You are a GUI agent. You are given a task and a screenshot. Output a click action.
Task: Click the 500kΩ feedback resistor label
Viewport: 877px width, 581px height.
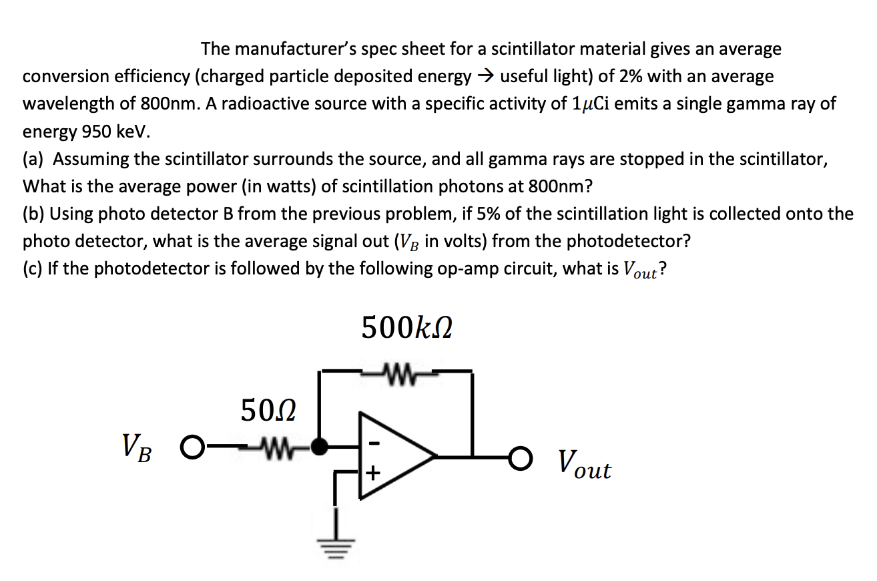pyautogui.click(x=406, y=329)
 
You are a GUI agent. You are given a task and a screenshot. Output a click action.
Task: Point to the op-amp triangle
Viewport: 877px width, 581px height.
pyautogui.click(x=394, y=456)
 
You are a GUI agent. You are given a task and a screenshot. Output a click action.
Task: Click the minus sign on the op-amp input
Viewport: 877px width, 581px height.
pyautogui.click(x=374, y=442)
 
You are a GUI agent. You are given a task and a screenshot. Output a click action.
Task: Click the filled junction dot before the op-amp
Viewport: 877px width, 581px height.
pyautogui.click(x=322, y=445)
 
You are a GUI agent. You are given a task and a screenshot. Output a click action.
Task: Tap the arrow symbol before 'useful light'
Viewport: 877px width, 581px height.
pyautogui.click(x=485, y=77)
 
